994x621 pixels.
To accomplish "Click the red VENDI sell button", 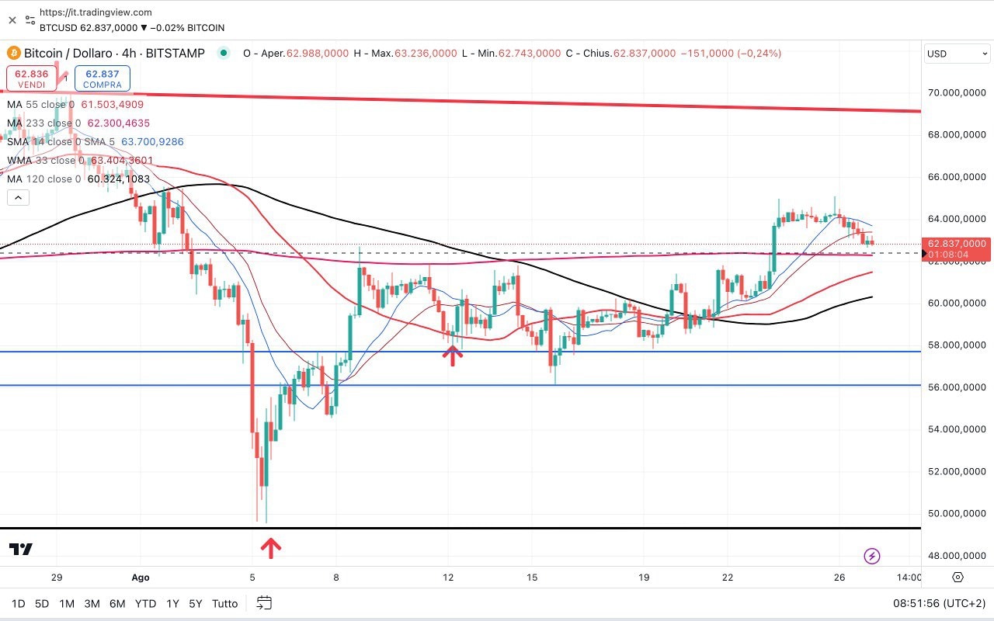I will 32,78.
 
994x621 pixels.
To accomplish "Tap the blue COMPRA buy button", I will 103,78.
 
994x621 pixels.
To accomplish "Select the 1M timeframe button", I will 67,603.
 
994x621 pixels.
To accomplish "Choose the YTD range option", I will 145,603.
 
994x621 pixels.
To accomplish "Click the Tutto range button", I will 224,603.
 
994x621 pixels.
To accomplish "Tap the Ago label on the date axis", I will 141,578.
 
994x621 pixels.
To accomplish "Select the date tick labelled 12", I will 448,578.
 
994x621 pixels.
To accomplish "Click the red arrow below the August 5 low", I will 270,548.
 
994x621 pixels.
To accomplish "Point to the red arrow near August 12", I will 453,356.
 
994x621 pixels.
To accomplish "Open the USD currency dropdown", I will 957,54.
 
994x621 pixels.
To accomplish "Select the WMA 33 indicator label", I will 43,161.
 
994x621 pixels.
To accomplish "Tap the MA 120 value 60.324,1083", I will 119,179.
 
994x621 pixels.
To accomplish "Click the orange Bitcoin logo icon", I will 13,54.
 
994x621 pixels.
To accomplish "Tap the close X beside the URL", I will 12,19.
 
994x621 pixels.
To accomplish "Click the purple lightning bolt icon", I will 872,556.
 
